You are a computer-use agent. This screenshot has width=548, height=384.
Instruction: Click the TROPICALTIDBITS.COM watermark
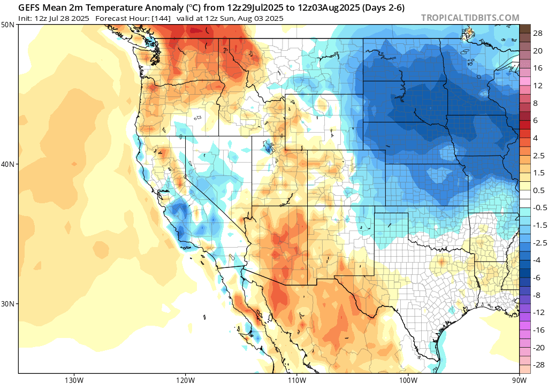point(470,18)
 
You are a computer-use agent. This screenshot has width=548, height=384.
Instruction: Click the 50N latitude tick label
point(8,25)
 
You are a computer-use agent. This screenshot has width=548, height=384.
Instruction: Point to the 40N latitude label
point(8,164)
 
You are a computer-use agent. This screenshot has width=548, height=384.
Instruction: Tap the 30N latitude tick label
point(8,303)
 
